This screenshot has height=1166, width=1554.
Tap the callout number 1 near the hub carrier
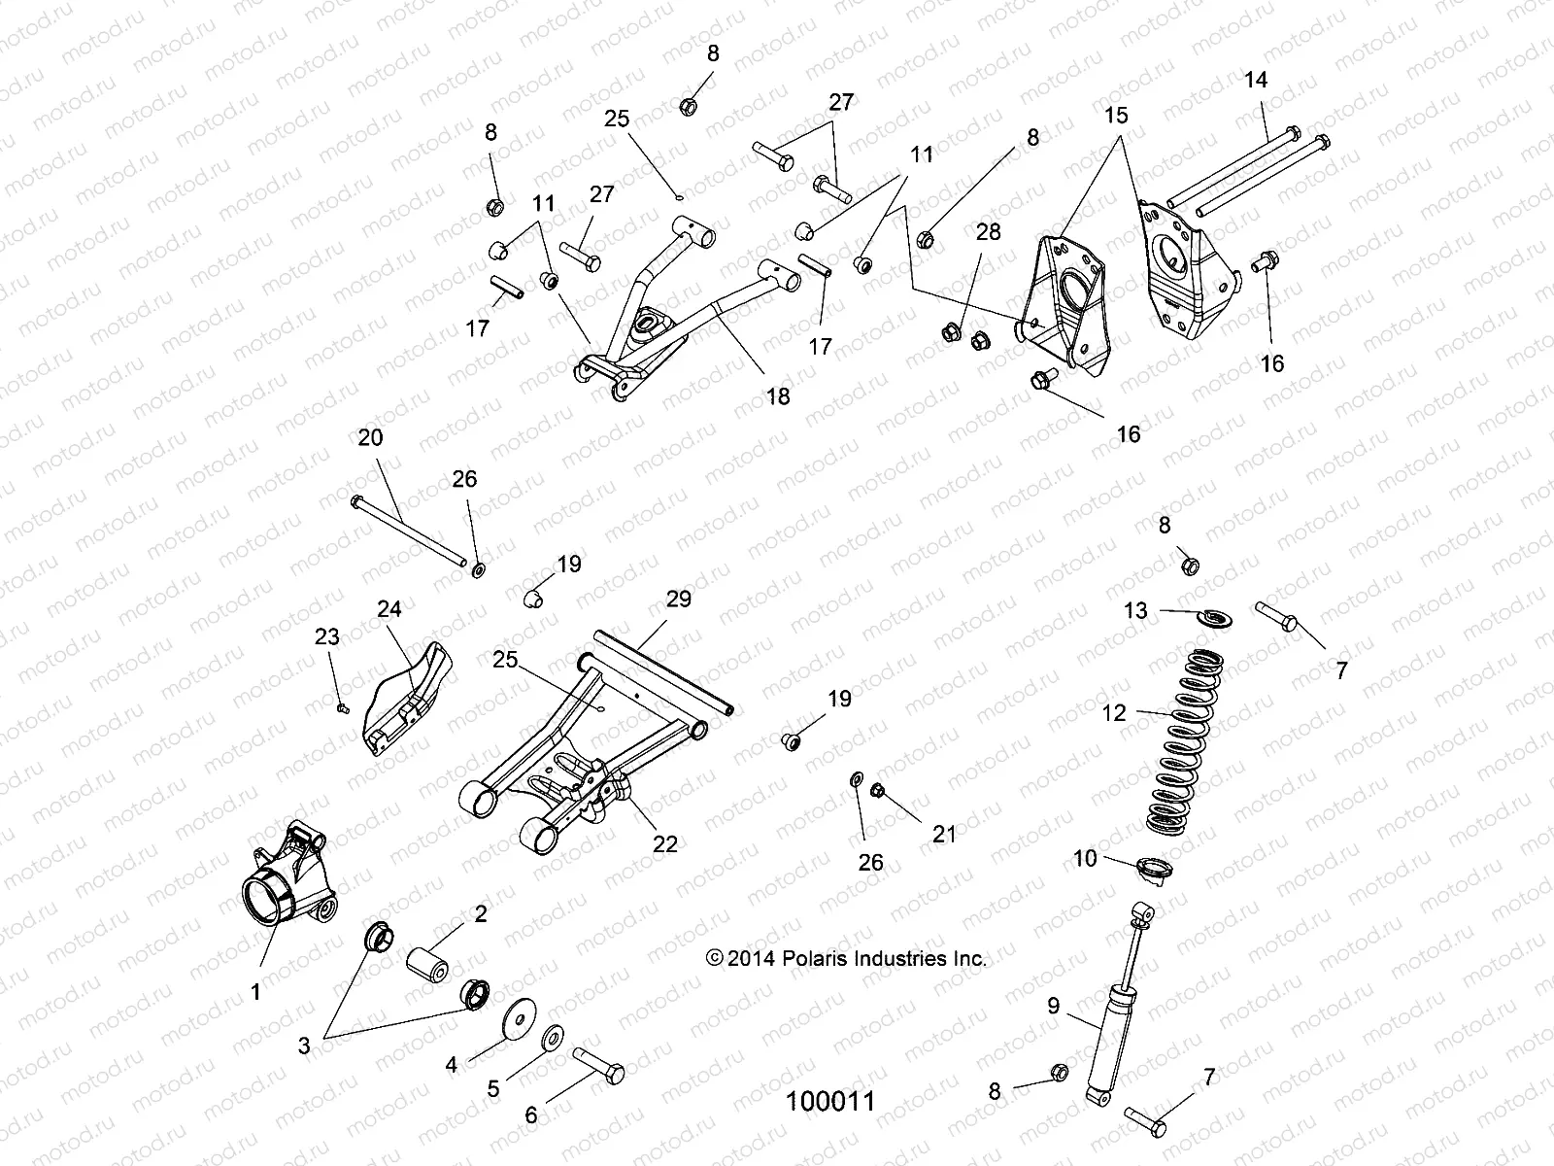(256, 992)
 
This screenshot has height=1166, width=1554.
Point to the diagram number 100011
(830, 1101)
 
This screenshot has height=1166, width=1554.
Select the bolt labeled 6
(598, 1066)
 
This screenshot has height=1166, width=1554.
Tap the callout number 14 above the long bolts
(1256, 80)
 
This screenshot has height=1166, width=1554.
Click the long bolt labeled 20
(408, 530)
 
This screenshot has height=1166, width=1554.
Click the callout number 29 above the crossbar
(679, 599)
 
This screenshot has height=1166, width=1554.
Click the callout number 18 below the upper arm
(778, 395)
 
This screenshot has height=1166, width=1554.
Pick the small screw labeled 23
(343, 708)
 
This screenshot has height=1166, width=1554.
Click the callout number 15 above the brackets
(1117, 116)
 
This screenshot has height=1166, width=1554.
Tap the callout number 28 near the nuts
(988, 232)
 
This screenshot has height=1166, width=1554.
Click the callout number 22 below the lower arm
(665, 843)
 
